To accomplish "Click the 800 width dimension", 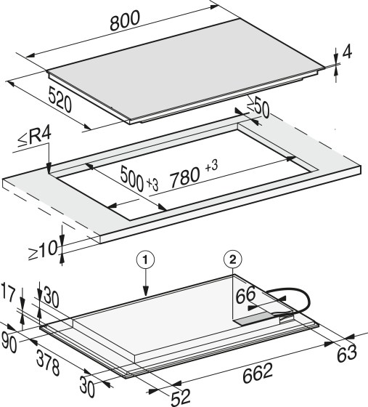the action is [x=125, y=20].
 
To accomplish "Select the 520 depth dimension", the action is [x=60, y=100].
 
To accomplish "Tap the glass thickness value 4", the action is [x=347, y=52].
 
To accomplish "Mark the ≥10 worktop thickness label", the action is [x=43, y=250].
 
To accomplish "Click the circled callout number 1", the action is [x=146, y=260].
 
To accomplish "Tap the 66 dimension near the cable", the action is [x=245, y=294].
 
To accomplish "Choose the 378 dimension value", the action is [x=48, y=363].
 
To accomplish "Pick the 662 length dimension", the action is [x=258, y=373].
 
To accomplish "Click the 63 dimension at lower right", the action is [x=347, y=353].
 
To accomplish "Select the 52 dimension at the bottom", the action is [x=181, y=397].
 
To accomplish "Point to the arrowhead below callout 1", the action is [x=146, y=291].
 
